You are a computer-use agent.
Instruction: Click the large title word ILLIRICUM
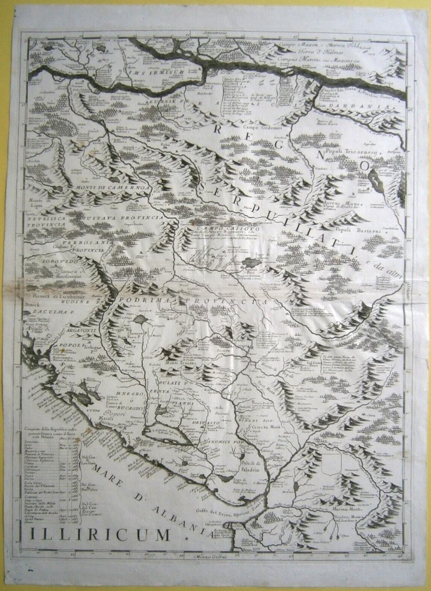(99, 534)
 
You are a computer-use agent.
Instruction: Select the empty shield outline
(332, 462)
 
